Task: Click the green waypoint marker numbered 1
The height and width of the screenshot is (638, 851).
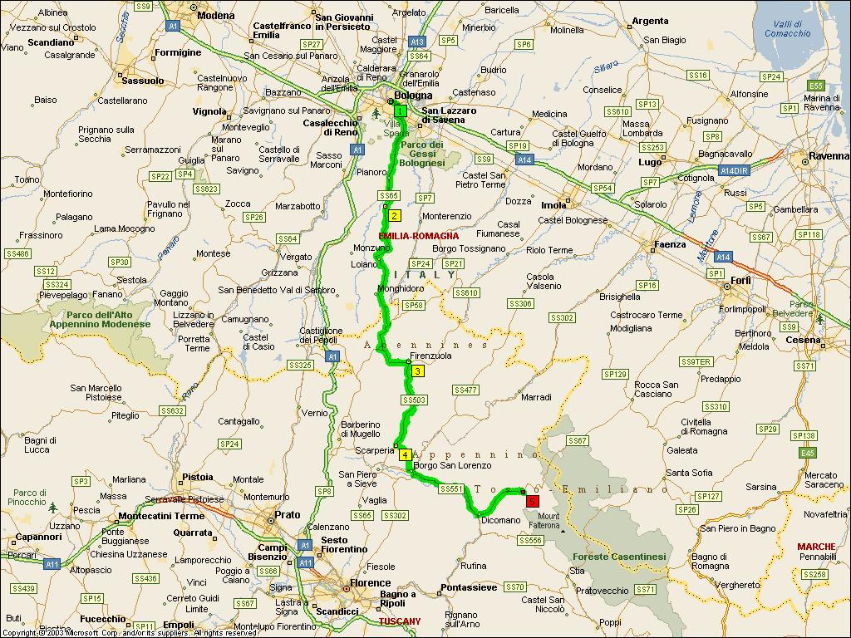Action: [x=400, y=111]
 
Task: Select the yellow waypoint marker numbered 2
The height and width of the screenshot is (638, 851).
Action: [x=395, y=215]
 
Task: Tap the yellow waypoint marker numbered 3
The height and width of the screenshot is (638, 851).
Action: [x=418, y=371]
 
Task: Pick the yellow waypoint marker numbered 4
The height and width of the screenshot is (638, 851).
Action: [x=405, y=454]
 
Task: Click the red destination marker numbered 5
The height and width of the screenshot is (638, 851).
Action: [x=532, y=500]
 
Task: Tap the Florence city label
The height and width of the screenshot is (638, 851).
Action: [x=370, y=583]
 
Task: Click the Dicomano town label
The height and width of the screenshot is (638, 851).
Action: [x=500, y=520]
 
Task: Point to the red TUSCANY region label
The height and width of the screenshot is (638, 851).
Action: [x=400, y=621]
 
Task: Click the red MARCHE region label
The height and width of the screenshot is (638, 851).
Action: [x=816, y=546]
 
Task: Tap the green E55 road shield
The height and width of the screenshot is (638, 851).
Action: [x=815, y=86]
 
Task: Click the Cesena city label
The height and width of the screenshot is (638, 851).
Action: [x=804, y=340]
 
